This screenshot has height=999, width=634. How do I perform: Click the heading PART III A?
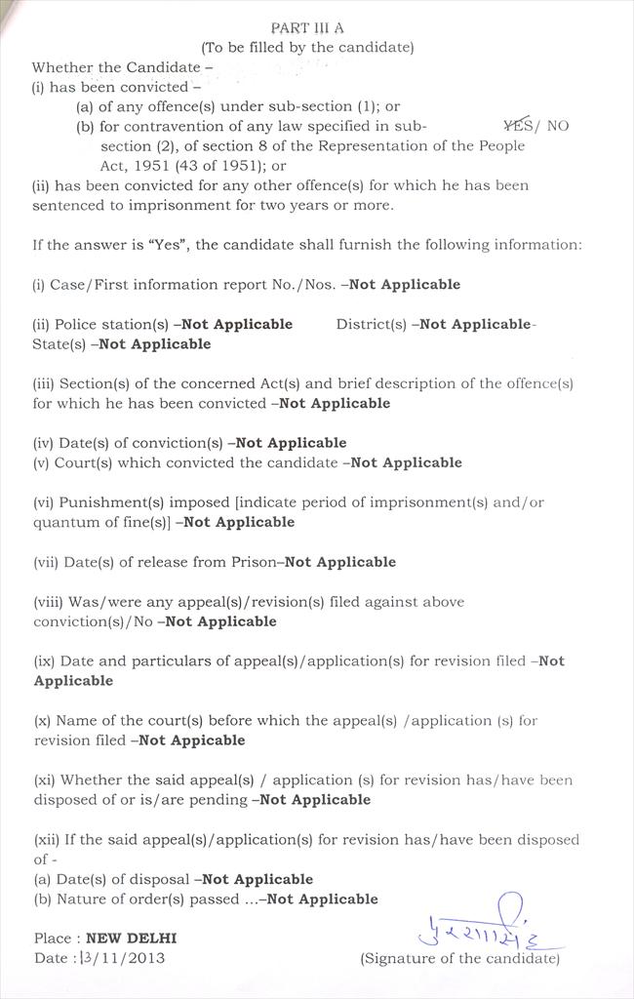[307, 28]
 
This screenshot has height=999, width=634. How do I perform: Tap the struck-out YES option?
[518, 125]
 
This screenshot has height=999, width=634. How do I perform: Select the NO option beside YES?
[558, 126]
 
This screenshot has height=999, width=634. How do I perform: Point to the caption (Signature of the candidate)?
[460, 958]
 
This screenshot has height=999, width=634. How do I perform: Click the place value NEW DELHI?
[132, 938]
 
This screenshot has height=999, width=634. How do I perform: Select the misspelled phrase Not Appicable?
[192, 740]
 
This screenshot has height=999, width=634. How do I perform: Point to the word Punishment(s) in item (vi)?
[110, 502]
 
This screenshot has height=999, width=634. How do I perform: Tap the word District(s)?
[372, 324]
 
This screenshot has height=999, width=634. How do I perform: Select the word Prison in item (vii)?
[256, 562]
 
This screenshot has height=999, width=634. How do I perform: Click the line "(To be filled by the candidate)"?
[307, 47]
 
